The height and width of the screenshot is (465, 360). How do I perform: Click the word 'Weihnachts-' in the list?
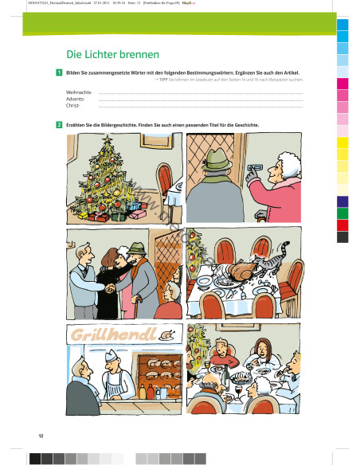pyautogui.click(x=79, y=92)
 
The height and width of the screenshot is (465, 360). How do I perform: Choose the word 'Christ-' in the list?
pyautogui.click(x=73, y=105)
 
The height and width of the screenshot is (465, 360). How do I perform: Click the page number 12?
pyautogui.click(x=41, y=436)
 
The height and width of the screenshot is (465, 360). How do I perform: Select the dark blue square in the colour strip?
pyautogui.click(x=343, y=201)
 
